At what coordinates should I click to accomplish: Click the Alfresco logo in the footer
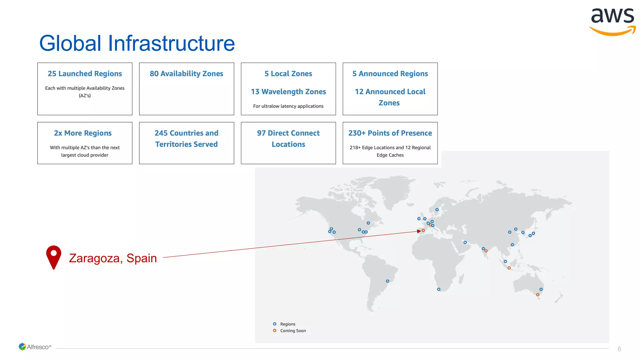35,347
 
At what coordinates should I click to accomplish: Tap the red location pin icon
54,257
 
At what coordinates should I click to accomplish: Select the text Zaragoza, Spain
113,258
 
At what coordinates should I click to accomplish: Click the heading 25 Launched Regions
85,74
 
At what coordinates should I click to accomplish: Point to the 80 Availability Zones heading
186,74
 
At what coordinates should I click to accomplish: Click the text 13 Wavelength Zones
288,92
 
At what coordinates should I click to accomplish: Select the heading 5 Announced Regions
390,74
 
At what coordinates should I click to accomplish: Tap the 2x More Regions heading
83,133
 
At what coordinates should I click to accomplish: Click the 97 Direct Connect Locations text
288,138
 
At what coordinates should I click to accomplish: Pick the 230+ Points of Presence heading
390,133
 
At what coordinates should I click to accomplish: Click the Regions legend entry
287,324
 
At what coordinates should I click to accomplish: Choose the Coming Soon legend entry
292,331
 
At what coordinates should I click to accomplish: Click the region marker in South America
387,281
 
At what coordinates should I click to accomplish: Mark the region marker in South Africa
439,289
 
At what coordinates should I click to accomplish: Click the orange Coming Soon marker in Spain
423,230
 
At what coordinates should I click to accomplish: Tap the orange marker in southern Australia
537,295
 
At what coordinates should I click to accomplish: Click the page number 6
619,349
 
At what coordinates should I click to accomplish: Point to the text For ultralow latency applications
288,106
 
